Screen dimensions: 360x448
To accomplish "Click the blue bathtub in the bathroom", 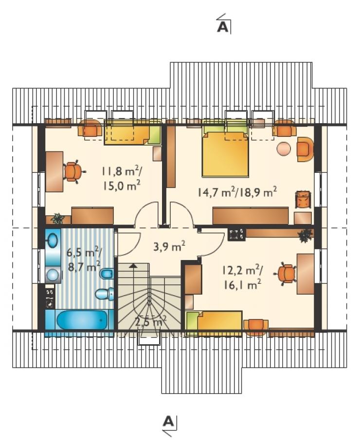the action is [x=82, y=320].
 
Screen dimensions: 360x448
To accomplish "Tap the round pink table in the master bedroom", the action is [x=284, y=149].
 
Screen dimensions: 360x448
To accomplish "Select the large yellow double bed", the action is [x=225, y=154].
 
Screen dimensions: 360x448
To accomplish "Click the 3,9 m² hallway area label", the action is [x=169, y=246].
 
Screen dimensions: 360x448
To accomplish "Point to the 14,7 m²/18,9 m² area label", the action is [x=237, y=192].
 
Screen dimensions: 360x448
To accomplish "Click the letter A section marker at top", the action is [x=223, y=27].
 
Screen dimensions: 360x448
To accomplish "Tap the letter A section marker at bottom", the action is [x=168, y=421].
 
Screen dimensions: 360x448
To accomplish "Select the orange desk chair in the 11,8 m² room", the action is [x=73, y=171].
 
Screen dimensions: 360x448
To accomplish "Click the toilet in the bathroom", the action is [x=105, y=294].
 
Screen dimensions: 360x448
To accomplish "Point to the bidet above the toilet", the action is [x=107, y=274].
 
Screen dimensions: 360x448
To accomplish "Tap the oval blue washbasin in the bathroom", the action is [x=53, y=240].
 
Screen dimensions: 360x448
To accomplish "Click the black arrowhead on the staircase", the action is [x=132, y=266].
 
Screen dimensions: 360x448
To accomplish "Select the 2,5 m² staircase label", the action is [x=150, y=322].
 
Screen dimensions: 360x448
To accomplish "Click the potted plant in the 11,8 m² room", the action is [x=58, y=218].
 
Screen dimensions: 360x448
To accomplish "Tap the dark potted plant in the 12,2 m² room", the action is [x=305, y=236].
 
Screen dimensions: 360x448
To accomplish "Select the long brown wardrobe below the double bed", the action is [x=251, y=216].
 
